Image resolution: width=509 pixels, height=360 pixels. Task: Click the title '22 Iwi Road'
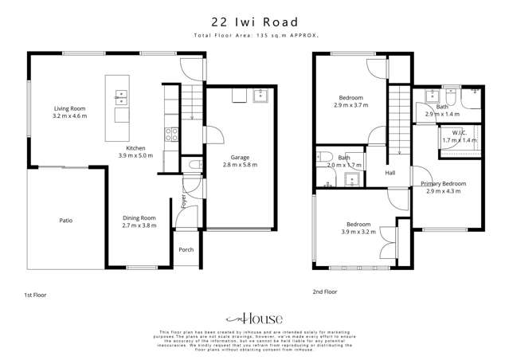point(254,22)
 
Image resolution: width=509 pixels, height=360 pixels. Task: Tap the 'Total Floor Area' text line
point(254,37)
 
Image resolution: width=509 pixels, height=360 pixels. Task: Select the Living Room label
point(69,108)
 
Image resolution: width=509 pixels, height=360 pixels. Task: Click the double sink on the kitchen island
point(121,97)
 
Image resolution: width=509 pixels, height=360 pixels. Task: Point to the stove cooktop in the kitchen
point(170,134)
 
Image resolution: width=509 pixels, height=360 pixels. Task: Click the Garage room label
point(241,157)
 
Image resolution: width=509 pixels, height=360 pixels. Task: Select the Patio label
point(65,220)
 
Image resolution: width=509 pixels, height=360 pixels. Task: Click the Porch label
point(186,250)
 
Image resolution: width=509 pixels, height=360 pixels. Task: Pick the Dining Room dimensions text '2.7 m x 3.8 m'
point(139,225)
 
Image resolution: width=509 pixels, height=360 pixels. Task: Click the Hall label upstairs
point(390,173)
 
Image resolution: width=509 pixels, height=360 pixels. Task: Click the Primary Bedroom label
point(444,184)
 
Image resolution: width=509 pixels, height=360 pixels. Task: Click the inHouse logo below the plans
point(253,316)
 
